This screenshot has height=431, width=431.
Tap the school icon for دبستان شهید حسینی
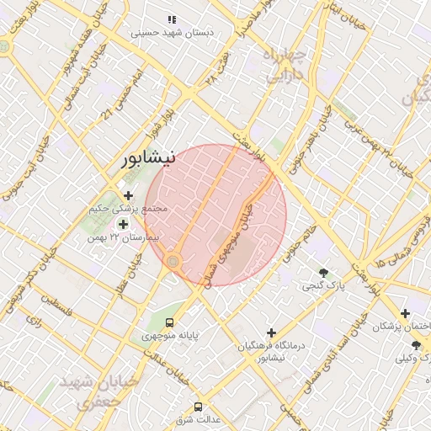click(172, 19)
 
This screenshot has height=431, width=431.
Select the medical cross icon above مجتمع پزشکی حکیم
click(128, 195)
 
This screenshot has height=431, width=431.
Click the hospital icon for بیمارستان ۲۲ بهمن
click(124, 224)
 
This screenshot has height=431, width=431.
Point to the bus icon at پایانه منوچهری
click(171, 322)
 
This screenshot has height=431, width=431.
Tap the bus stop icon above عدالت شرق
click(199, 406)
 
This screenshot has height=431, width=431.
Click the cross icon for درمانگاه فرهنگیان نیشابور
click(271, 333)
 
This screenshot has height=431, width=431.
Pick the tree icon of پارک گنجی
click(324, 272)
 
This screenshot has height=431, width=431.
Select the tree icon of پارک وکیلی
click(416, 345)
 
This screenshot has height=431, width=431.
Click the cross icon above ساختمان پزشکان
click(406, 313)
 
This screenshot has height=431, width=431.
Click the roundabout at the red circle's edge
click(174, 262)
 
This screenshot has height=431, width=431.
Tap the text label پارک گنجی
click(325, 286)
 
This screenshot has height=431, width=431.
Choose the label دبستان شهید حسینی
click(173, 32)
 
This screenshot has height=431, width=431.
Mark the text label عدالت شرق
click(199, 419)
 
